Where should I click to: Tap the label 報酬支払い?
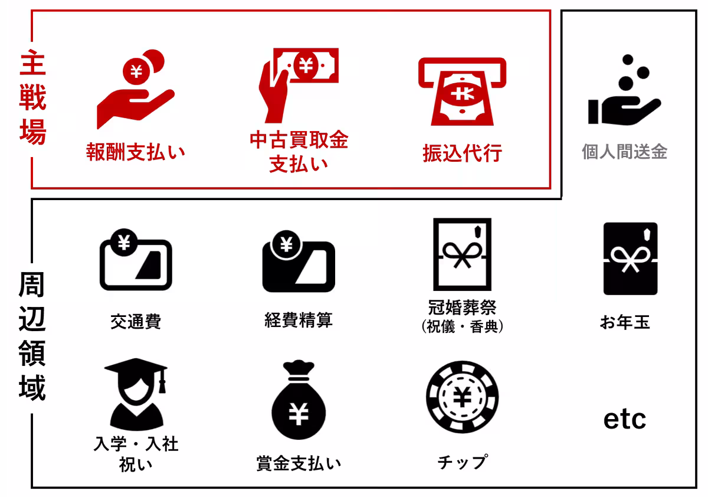(136, 152)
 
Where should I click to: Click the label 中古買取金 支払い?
(299, 152)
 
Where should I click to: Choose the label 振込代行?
(462, 153)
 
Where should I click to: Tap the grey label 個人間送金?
(624, 152)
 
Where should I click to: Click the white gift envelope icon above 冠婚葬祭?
(462, 254)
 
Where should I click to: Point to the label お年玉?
(625, 323)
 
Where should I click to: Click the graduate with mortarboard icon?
(136, 393)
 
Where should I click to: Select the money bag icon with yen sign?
(299, 401)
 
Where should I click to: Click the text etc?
(625, 419)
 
